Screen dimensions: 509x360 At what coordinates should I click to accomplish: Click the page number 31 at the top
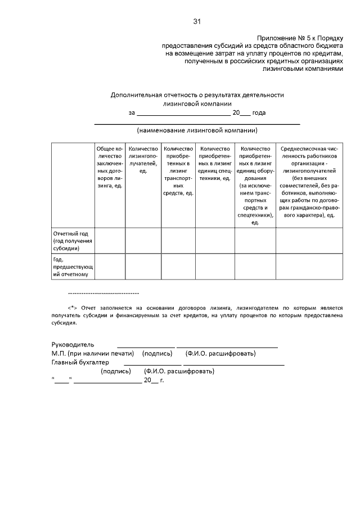197,21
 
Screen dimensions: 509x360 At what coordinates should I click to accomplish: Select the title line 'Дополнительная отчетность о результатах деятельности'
197,95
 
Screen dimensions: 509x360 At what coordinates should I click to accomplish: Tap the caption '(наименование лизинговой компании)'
197,130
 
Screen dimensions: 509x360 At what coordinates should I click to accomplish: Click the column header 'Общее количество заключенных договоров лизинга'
109,166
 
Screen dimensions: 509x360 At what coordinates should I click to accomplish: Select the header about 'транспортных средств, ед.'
178,170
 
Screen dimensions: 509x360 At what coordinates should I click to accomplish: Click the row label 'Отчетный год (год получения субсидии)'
73,240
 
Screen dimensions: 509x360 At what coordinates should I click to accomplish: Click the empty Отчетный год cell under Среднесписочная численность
309,240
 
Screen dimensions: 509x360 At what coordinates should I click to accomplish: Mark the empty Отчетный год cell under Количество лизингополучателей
143,240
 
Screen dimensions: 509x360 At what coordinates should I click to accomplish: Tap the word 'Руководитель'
73,344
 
